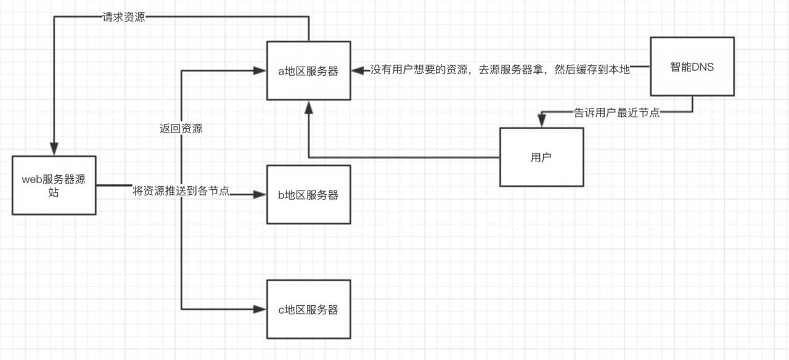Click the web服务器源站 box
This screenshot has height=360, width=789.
pyautogui.click(x=54, y=185)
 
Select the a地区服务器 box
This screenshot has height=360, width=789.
pyautogui.click(x=308, y=70)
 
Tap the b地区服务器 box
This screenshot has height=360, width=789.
pyautogui.click(x=308, y=195)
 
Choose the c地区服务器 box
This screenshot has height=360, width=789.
pyautogui.click(x=308, y=309)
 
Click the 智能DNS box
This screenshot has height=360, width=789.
pyautogui.click(x=692, y=67)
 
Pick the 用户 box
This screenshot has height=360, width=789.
pyautogui.click(x=541, y=157)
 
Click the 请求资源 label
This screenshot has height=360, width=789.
pyautogui.click(x=124, y=17)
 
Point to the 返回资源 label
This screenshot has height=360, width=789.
pyautogui.click(x=181, y=129)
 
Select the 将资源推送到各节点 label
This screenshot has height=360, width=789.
pyautogui.click(x=181, y=191)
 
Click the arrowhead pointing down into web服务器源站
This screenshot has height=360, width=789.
pyautogui.click(x=54, y=149)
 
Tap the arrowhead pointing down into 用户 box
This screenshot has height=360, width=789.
pyautogui.click(x=541, y=121)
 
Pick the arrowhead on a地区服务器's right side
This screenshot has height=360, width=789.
pyautogui.click(x=358, y=70)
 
